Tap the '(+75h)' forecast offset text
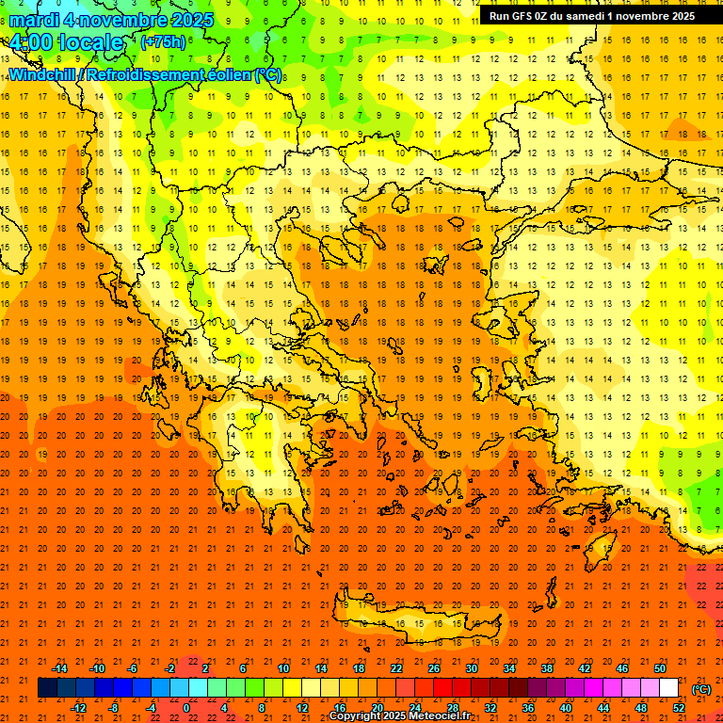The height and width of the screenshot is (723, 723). [163, 42]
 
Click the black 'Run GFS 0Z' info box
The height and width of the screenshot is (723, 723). [591, 15]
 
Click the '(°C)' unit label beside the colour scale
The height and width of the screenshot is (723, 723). [701, 689]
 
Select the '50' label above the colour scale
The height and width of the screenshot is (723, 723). [659, 667]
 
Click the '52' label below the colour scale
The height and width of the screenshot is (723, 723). [679, 708]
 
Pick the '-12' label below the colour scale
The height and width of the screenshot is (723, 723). [78, 708]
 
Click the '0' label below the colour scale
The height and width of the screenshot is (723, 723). [186, 708]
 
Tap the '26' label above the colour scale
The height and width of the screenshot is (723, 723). [434, 667]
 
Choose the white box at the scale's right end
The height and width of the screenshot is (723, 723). [669, 688]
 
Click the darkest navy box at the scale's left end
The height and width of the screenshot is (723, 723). [48, 688]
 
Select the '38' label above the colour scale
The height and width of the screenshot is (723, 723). [547, 667]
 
